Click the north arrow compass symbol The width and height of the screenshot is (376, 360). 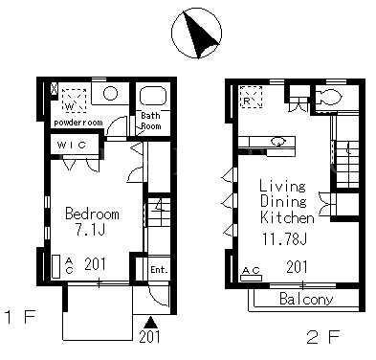click(196, 34)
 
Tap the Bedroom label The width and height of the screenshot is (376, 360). click(92, 214)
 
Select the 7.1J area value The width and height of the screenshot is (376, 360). click(91, 229)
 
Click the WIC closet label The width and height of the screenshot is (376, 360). click(72, 146)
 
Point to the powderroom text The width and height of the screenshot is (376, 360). click(78, 123)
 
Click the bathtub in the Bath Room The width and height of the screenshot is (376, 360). click(153, 95)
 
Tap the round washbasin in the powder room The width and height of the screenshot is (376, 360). click(110, 94)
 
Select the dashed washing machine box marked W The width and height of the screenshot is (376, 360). click(74, 101)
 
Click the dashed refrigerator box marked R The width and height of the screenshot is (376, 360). click(252, 97)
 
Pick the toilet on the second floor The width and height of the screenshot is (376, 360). click(328, 97)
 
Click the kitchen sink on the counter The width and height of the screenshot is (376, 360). click(278, 141)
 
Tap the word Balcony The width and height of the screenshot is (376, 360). click(306, 299)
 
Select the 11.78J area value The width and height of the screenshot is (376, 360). click(284, 238)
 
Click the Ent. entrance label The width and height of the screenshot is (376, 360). click(159, 270)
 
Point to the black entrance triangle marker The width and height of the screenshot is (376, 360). click(151, 322)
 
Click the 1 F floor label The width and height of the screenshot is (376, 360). click(20, 317)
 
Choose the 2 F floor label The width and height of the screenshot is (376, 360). click(323, 337)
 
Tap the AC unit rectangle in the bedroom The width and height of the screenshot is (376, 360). click(56, 266)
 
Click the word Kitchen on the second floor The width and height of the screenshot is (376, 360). click(287, 217)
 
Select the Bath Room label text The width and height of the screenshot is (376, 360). click(151, 121)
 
